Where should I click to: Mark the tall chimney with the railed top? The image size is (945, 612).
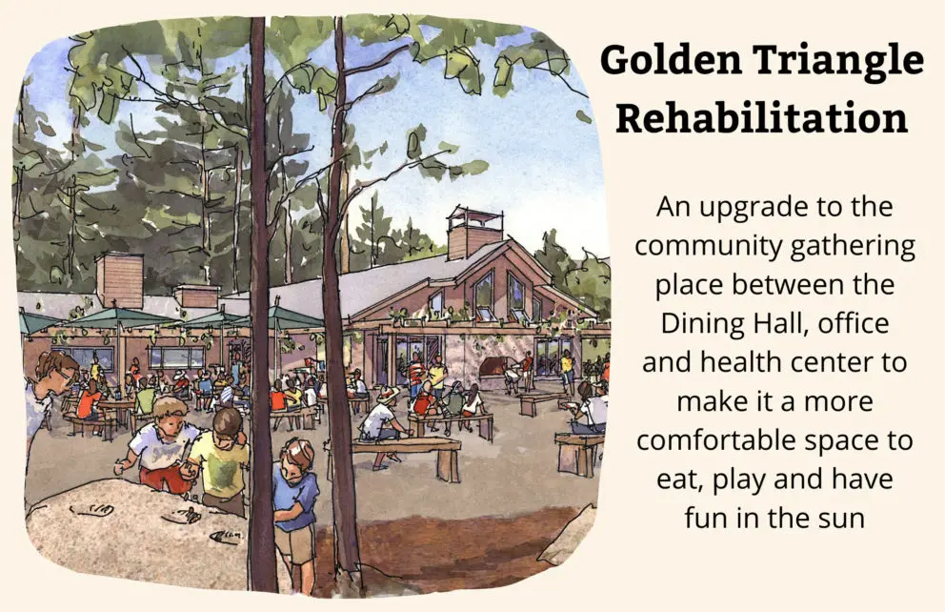[x=475, y=233]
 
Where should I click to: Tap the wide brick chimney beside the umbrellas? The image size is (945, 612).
[x=119, y=280]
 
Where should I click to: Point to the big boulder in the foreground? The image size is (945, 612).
[x=135, y=531]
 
